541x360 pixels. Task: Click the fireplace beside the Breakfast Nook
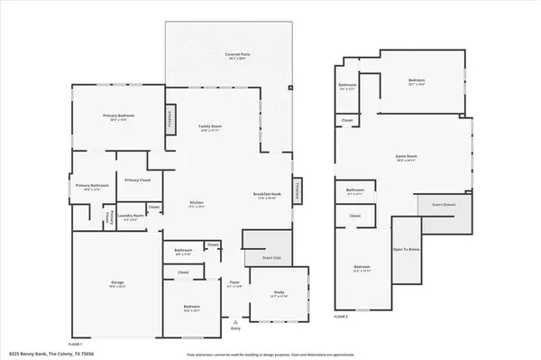tap(298, 190)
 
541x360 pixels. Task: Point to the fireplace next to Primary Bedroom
tap(169, 119)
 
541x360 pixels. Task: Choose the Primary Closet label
tap(137, 179)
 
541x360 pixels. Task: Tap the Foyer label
tap(234, 284)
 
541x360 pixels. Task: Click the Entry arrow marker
tap(236, 320)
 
